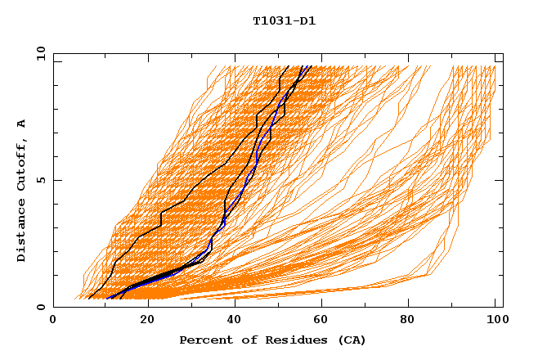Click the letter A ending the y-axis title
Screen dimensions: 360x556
(x=21, y=123)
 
